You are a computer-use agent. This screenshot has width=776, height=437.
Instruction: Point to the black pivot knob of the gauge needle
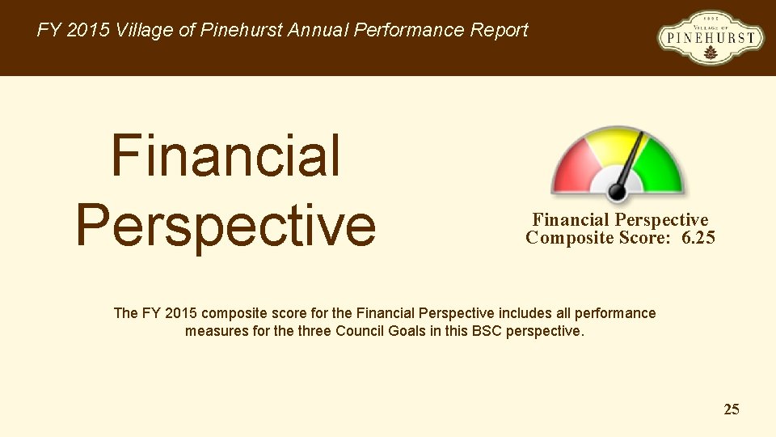[617, 191]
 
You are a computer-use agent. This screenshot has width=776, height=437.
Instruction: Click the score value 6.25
[698, 238]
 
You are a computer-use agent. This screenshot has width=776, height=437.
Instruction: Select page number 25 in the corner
[731, 409]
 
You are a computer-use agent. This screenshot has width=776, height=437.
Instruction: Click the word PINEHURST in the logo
[711, 37]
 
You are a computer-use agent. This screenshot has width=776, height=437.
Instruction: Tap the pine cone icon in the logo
[711, 53]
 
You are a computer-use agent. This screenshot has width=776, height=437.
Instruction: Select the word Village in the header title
[143, 31]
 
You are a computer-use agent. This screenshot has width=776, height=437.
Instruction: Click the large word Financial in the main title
[226, 156]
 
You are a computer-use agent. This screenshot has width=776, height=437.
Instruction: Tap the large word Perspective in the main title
[226, 224]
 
